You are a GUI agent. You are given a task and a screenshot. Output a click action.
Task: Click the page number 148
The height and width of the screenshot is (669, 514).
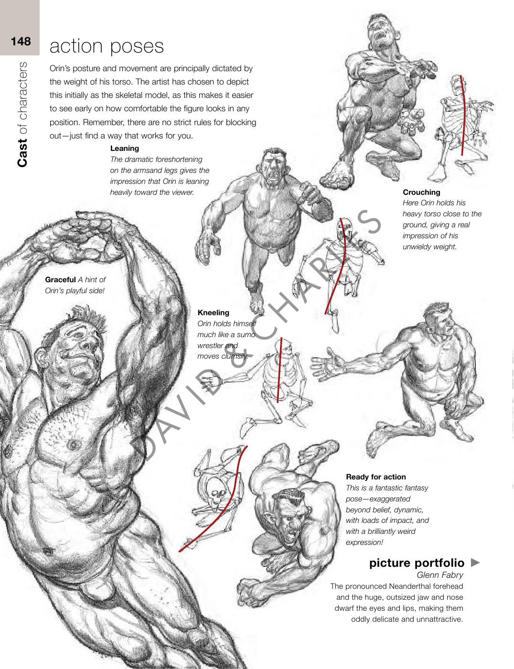[x=21, y=41]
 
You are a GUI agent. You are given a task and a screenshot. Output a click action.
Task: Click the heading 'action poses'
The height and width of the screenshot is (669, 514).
[x=107, y=46]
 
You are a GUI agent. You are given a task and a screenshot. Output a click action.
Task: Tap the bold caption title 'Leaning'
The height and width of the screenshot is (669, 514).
[x=124, y=149]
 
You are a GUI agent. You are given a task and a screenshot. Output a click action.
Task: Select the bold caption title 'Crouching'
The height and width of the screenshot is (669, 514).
[x=421, y=192]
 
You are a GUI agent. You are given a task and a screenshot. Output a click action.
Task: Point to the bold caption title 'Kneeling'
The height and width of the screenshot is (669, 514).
[x=213, y=312]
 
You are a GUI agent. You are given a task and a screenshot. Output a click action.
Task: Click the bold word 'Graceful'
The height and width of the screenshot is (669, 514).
[x=60, y=279]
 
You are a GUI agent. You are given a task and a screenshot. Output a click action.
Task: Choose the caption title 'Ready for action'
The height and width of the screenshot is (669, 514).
[x=376, y=477]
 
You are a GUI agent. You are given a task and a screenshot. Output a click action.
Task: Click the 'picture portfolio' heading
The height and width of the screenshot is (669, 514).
[x=417, y=563]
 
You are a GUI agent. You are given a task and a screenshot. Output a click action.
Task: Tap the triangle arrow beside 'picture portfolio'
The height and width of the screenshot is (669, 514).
[x=475, y=563]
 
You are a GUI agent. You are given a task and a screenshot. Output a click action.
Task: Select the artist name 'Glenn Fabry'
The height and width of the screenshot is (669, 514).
[x=440, y=575]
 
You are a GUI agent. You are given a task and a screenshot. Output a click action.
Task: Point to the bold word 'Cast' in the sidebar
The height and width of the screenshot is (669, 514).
[x=22, y=153]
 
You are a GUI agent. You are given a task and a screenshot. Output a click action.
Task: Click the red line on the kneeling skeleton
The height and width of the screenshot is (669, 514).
[x=279, y=370]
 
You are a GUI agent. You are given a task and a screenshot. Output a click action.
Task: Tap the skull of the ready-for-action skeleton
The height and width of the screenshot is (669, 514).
[x=218, y=495]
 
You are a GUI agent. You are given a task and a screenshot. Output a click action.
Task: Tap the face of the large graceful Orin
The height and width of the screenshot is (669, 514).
[x=74, y=354]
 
